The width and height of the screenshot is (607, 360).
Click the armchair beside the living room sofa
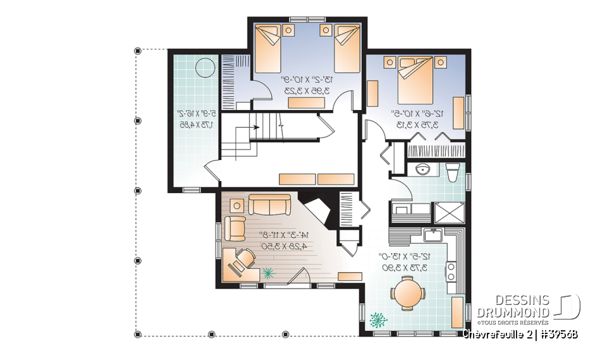(x=235, y=228)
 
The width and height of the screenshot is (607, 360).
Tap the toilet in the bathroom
(x=452, y=172)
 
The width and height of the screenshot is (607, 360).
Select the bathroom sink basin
(x=424, y=171)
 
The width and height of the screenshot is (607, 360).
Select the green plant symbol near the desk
(x=269, y=273)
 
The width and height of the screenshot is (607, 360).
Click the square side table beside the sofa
(x=236, y=204)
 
